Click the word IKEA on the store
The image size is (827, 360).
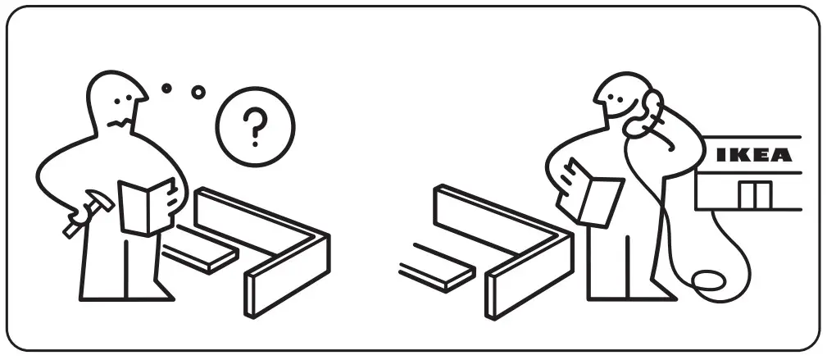[754, 155]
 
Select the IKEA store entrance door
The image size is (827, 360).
[754, 195]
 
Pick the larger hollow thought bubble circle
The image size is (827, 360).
[198, 92]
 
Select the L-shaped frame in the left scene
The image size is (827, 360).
[270, 246]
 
